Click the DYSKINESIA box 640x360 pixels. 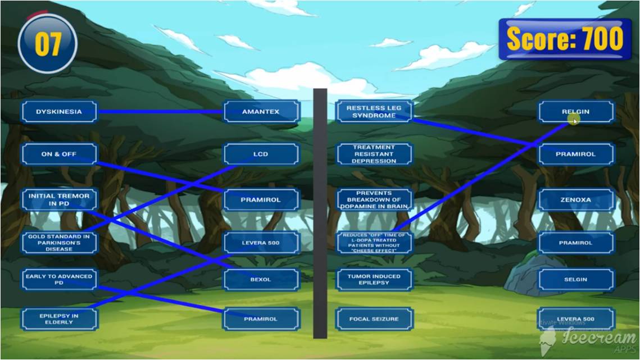(59, 112)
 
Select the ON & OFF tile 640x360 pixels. (59, 154)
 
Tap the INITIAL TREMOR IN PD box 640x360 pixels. (59, 199)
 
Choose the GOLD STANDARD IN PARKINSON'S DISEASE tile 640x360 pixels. (59, 243)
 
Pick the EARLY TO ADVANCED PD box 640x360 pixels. (59, 280)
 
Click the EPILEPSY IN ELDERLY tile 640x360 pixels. (59, 319)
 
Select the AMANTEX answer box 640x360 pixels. (261, 112)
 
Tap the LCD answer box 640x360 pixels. (261, 154)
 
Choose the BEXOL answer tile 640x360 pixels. (261, 280)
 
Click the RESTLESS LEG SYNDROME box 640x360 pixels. (374, 112)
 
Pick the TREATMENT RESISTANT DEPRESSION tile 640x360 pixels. (374, 154)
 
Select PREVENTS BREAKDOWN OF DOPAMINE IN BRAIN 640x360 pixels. (374, 199)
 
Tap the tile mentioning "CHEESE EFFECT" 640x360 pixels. (374, 243)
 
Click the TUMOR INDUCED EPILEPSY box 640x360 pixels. (374, 280)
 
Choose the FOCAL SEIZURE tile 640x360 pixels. (374, 319)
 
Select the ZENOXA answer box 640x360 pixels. (576, 199)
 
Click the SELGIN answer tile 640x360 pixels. (576, 280)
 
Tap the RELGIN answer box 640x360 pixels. (576, 112)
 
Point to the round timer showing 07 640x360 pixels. (48, 43)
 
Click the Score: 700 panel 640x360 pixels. (565, 39)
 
